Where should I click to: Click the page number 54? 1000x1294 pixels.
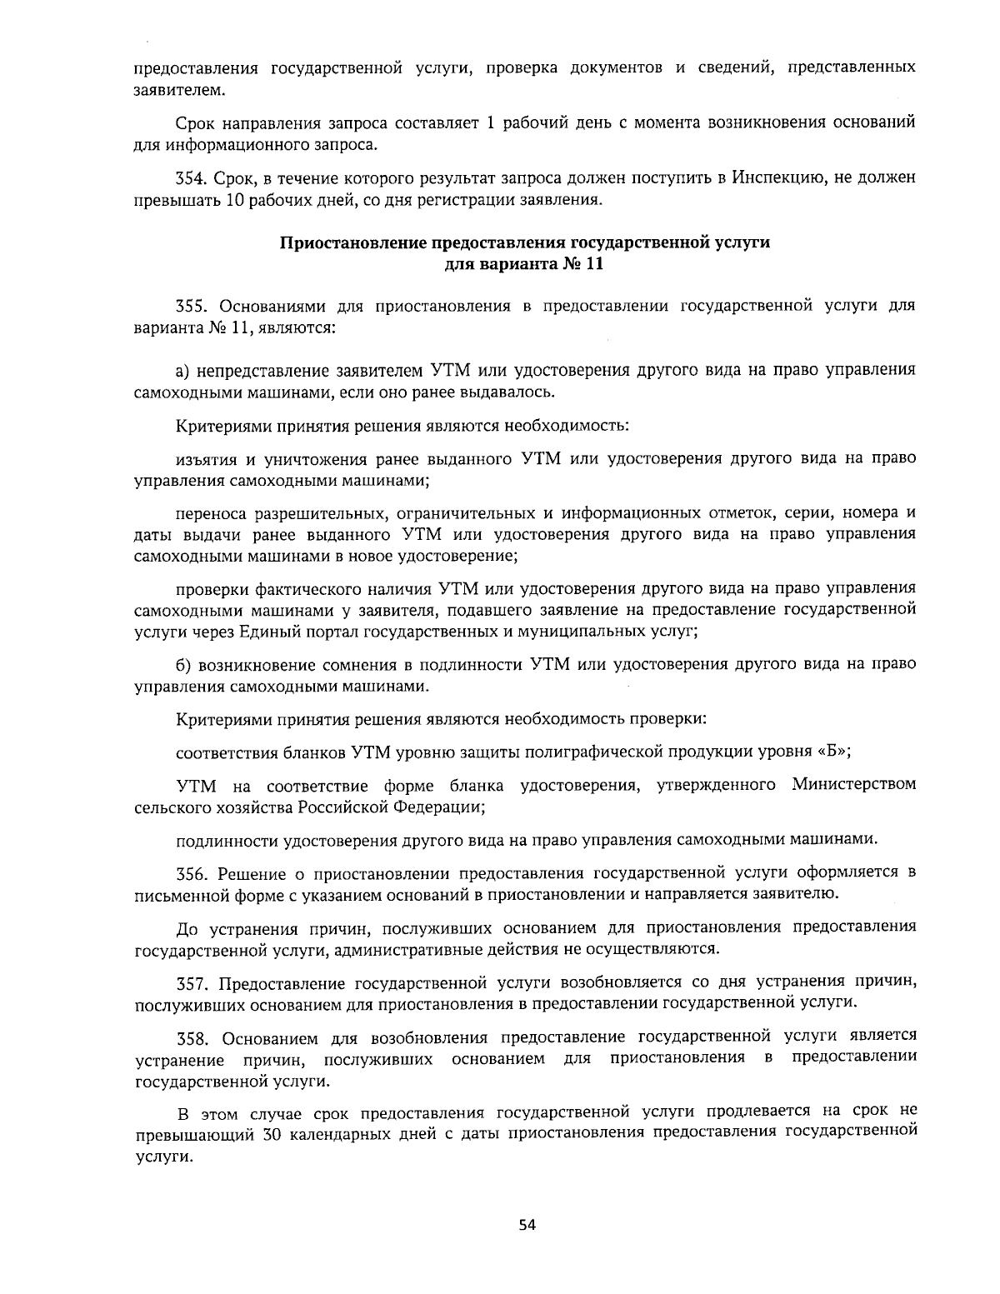tap(526, 1225)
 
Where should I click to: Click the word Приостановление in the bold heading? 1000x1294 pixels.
tap(353, 243)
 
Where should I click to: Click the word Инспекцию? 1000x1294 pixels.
tap(777, 177)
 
